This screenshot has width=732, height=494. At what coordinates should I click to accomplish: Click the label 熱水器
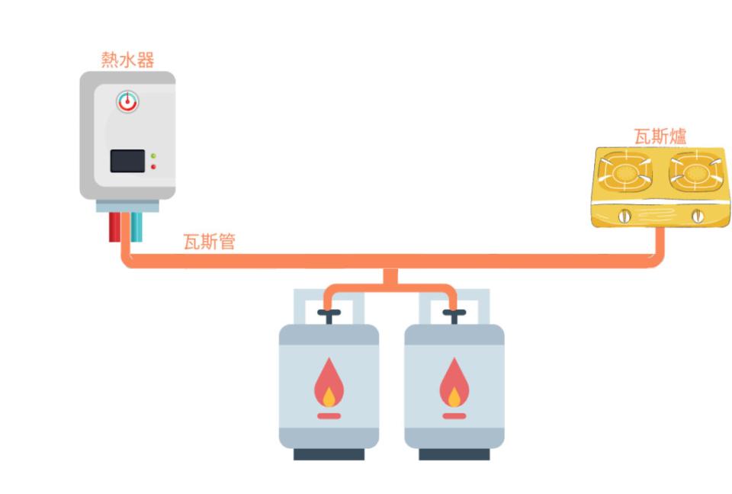click(127, 59)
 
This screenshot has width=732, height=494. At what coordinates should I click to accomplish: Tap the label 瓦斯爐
click(660, 136)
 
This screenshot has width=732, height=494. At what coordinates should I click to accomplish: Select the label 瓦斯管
click(209, 242)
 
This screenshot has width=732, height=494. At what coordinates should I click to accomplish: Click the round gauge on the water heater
click(127, 101)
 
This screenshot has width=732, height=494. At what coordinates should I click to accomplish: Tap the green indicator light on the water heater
click(153, 156)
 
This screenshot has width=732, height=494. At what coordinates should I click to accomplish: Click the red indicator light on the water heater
click(153, 166)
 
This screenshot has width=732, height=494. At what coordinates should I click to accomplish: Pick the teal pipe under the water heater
click(136, 226)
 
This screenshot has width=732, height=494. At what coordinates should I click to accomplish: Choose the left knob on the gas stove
click(625, 217)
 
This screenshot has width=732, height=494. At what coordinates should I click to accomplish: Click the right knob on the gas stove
click(697, 217)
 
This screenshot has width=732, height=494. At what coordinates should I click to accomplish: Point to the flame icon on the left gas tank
click(329, 386)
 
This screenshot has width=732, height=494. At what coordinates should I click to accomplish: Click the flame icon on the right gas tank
click(454, 386)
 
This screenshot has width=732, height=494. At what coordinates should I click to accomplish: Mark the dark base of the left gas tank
click(329, 454)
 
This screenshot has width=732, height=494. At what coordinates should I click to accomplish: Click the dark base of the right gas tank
click(454, 454)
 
